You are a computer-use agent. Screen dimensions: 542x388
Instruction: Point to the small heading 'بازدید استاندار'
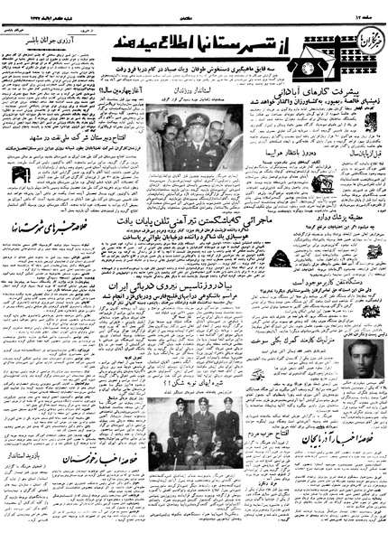click(27, 460)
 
